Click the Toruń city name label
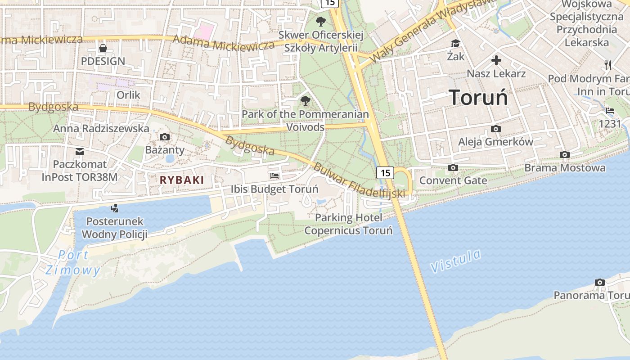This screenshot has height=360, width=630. [478, 97]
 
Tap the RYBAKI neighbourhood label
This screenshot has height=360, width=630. [182, 180]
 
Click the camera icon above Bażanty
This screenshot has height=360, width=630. [165, 137]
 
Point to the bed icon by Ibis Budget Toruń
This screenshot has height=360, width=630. [274, 175]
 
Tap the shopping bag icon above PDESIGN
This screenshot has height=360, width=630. [103, 48]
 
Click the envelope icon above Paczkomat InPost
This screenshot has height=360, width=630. [80, 151]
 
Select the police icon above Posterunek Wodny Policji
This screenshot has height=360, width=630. [115, 208]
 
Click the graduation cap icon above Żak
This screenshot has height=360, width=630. [456, 43]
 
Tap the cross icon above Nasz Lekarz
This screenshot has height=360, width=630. [496, 60]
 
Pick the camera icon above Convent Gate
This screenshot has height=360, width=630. [453, 168]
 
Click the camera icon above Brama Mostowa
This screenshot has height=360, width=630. [565, 155]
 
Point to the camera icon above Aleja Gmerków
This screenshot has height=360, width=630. [495, 129]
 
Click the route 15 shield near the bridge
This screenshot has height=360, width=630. [385, 172]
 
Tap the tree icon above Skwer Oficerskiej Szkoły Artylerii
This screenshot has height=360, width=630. [320, 21]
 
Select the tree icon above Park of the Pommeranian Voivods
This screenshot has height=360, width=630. [306, 100]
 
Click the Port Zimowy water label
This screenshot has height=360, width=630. [73, 262]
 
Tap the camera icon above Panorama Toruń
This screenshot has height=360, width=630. [599, 282]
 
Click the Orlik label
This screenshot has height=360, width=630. [128, 95]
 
